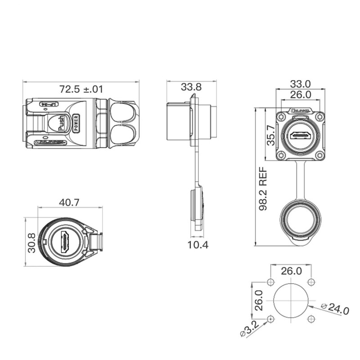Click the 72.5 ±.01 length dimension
pos(81,89)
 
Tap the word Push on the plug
pos(61,123)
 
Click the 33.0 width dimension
pos(300,84)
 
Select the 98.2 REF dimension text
pos(263,189)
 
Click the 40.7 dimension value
pos(69,202)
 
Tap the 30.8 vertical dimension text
pos(31,243)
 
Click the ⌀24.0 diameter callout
pos(335,309)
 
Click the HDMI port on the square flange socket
pos(301,136)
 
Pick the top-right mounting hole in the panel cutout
pos(311,282)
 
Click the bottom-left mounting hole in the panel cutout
pos(270,319)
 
